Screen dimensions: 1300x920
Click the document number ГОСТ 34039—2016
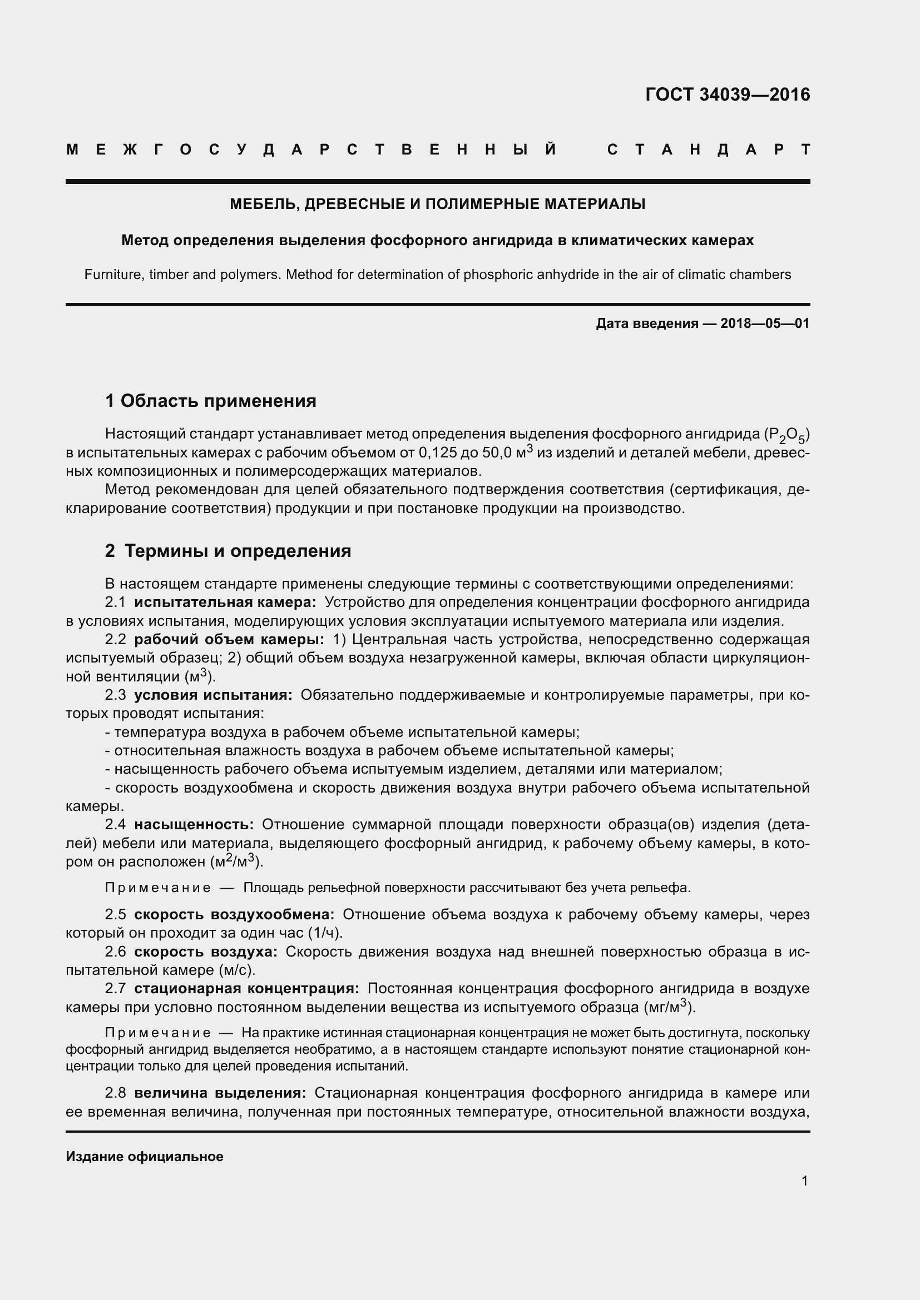pos(728,94)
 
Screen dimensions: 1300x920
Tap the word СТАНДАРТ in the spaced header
pos(709,150)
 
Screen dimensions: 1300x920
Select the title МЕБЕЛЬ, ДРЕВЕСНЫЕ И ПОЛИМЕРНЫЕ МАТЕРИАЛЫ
pos(437,204)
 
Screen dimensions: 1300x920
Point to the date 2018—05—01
pos(765,324)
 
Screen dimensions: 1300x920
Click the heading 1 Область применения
pos(211,401)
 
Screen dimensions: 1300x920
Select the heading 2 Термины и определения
pos(228,551)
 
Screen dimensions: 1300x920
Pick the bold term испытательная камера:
pos(225,602)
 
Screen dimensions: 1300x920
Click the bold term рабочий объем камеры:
pos(229,639)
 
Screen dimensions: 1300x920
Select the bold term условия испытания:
pos(214,695)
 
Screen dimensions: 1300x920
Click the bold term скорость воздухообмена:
pos(235,914)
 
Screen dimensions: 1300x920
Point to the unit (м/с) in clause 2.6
pos(236,970)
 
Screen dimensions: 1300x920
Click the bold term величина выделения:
pos(220,1093)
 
